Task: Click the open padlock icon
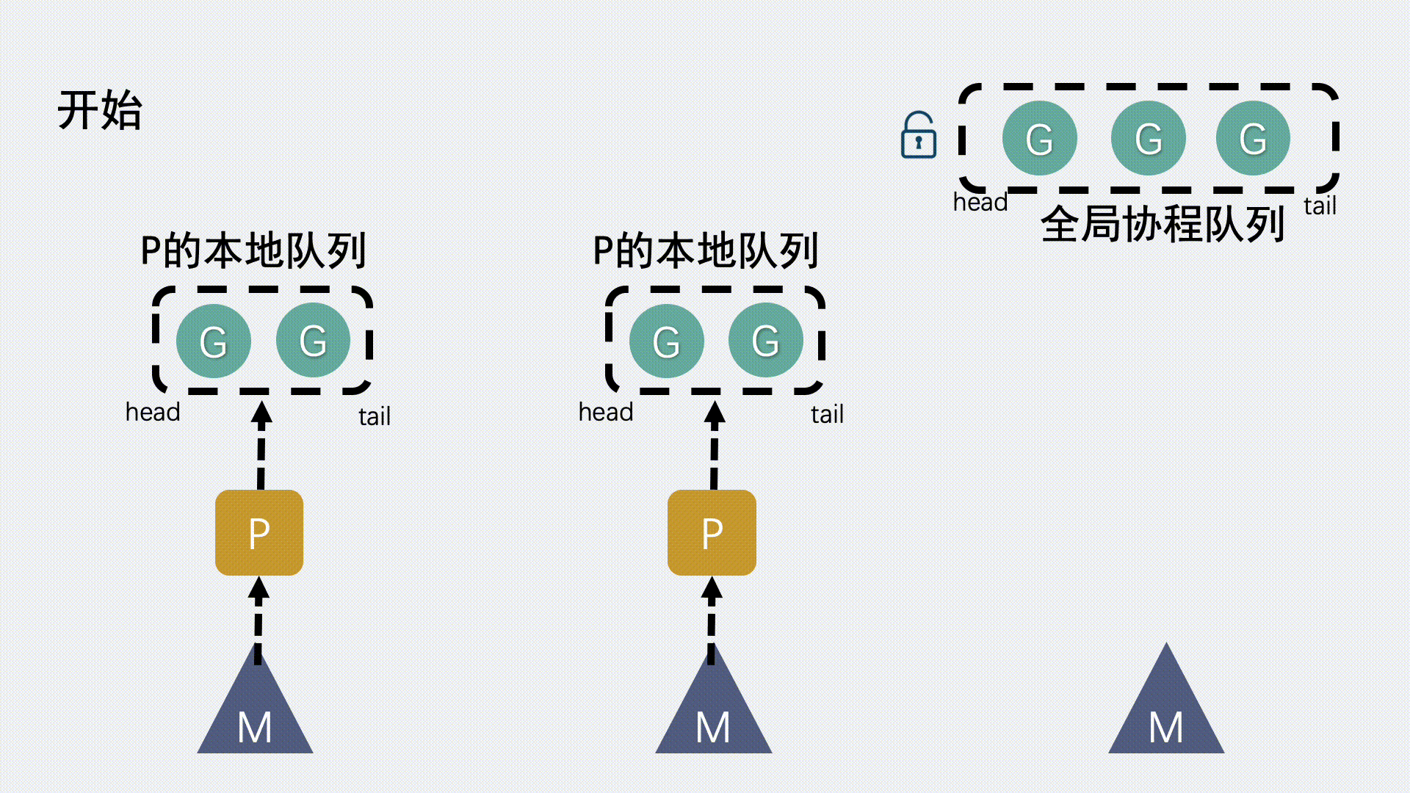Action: (918, 136)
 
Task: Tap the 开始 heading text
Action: (100, 111)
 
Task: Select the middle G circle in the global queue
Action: (1148, 138)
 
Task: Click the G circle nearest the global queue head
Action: (1039, 138)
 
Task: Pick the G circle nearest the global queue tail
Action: (1253, 138)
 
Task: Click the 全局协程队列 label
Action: (1163, 224)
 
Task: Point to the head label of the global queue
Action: (980, 202)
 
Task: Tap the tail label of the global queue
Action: (1320, 206)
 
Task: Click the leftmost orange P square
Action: (259, 532)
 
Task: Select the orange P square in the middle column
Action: (712, 532)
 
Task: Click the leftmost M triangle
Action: (255, 716)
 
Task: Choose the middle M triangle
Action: (713, 716)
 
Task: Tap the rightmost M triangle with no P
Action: (1166, 716)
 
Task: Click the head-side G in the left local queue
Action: (214, 341)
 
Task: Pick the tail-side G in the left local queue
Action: (313, 340)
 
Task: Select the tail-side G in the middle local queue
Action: (765, 340)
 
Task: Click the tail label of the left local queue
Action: (375, 416)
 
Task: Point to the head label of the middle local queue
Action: (606, 412)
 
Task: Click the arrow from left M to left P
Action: (258, 617)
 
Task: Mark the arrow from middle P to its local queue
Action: (714, 444)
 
